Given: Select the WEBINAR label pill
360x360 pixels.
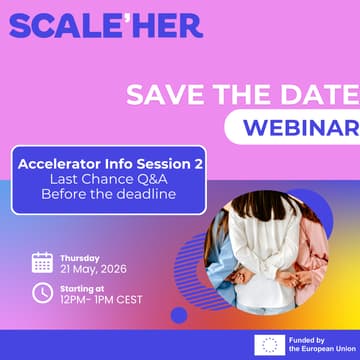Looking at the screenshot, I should [x=295, y=128].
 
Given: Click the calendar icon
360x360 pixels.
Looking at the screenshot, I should [x=42, y=262].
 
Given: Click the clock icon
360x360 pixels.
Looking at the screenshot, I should [x=42, y=293].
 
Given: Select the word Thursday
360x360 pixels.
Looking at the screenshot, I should [x=79, y=257].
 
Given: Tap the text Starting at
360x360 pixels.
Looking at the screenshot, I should [x=81, y=288].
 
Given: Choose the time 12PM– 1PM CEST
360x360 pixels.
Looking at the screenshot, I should [x=101, y=300].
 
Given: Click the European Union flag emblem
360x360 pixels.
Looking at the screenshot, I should [x=267, y=344].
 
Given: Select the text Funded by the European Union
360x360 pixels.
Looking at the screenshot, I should [x=319, y=344].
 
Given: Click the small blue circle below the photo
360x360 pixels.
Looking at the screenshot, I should [x=179, y=315].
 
